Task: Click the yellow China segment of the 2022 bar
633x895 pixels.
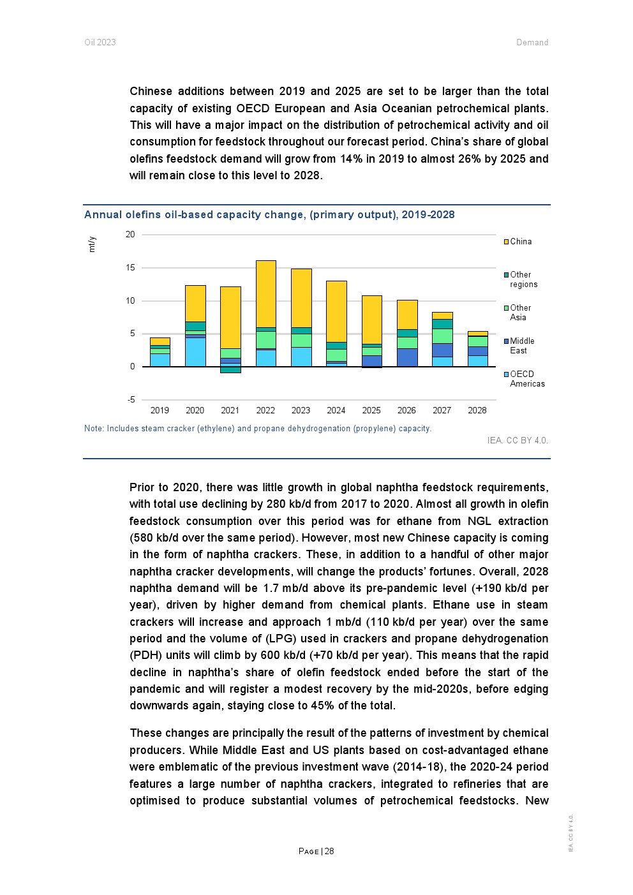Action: pyautogui.click(x=265, y=293)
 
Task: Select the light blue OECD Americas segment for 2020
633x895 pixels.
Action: pyautogui.click(x=195, y=352)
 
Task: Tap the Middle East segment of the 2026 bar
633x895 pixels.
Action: pyautogui.click(x=407, y=357)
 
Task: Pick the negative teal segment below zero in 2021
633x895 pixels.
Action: pyautogui.click(x=230, y=369)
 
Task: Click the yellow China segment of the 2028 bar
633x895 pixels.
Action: pyautogui.click(x=477, y=334)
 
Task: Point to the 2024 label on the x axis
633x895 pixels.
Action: pyautogui.click(x=336, y=410)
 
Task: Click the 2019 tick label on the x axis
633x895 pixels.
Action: pyautogui.click(x=160, y=410)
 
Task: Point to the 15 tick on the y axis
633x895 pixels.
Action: pyautogui.click(x=130, y=267)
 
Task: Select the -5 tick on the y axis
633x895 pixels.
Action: pyautogui.click(x=131, y=400)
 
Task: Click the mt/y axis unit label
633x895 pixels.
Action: pyautogui.click(x=92, y=244)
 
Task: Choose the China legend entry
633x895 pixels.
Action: pyautogui.click(x=521, y=241)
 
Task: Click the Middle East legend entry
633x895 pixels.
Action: pyautogui.click(x=522, y=346)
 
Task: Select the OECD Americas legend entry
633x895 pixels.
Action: pyautogui.click(x=527, y=379)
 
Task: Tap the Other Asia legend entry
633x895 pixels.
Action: pyautogui.click(x=520, y=313)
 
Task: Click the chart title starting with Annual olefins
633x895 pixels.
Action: pyautogui.click(x=269, y=214)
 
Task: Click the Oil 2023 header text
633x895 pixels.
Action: pyautogui.click(x=100, y=42)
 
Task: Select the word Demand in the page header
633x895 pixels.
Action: pyautogui.click(x=532, y=42)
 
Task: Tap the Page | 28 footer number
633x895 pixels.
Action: pyautogui.click(x=316, y=851)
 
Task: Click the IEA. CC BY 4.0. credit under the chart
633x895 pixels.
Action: pyautogui.click(x=518, y=440)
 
